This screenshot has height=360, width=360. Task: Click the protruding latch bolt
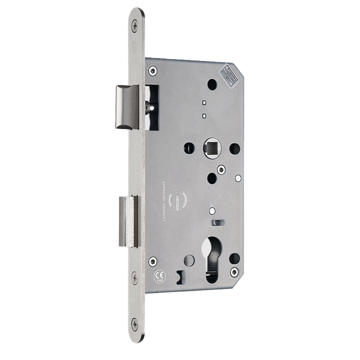(127, 106)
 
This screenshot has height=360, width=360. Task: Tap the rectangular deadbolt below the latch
(128, 221)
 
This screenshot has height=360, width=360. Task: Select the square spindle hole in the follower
(209, 148)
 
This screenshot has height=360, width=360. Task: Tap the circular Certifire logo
(178, 200)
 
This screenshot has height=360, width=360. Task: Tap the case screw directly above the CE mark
(152, 260)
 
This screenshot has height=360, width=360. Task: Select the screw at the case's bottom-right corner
(234, 271)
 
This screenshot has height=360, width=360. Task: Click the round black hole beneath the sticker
(212, 84)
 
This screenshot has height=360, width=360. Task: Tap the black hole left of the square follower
(188, 148)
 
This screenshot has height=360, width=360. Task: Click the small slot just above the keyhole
(217, 221)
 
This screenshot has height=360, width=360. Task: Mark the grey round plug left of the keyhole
(189, 260)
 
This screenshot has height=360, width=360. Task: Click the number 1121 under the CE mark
(157, 281)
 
